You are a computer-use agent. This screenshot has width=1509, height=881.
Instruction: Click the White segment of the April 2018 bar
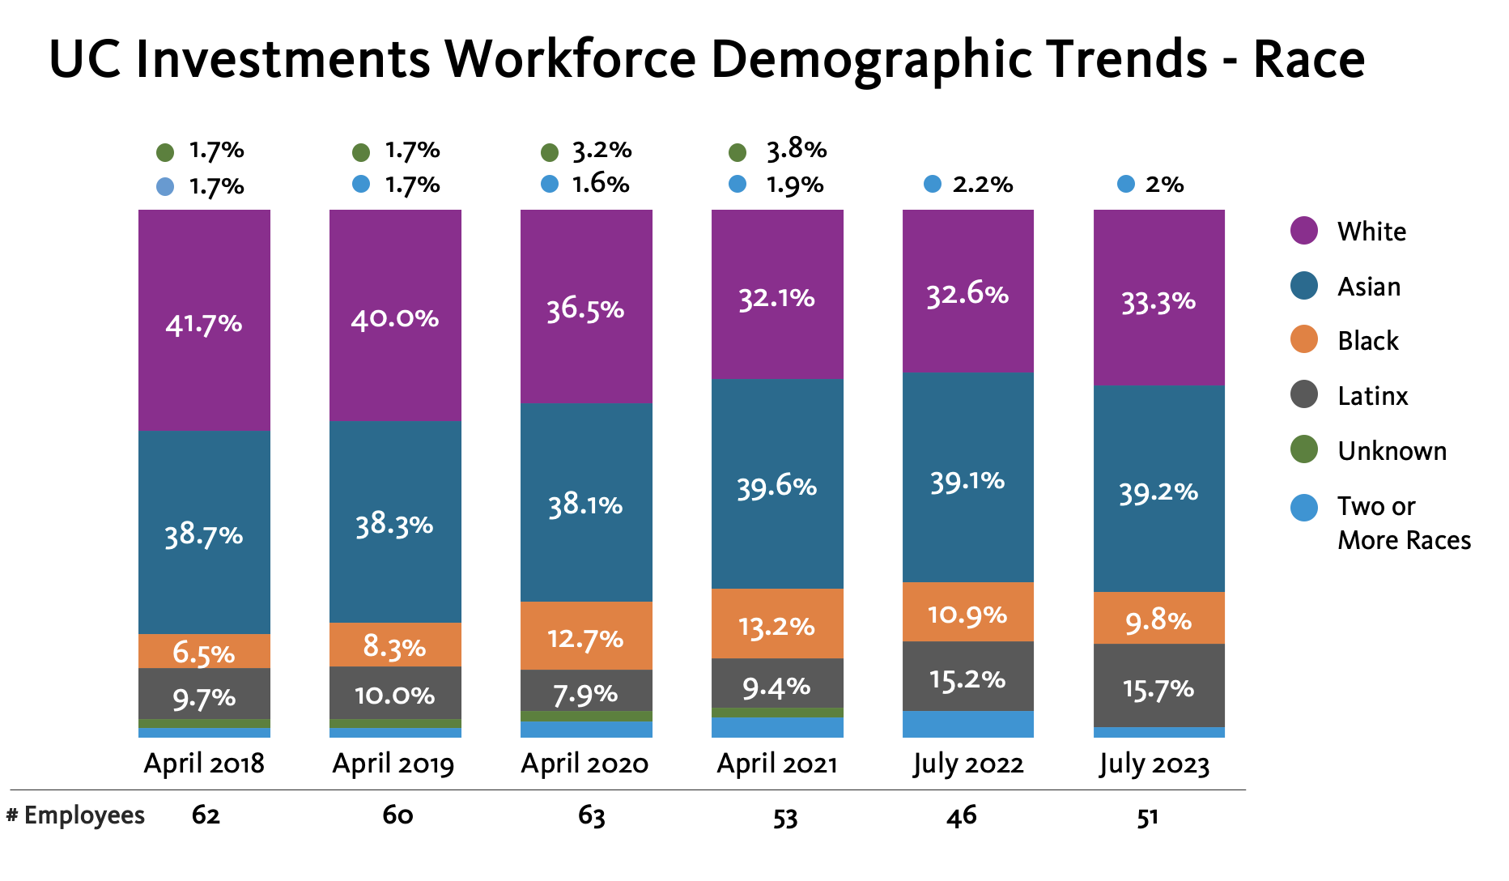204,320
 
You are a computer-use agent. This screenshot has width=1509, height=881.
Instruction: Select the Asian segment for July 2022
968,477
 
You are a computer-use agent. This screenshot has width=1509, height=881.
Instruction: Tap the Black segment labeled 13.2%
777,624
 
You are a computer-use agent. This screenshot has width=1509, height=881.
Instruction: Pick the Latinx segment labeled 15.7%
1159,685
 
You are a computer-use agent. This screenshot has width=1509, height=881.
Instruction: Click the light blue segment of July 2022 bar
968,724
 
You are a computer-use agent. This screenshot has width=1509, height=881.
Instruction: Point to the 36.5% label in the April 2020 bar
585,309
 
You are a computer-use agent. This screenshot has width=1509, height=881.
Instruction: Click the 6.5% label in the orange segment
204,653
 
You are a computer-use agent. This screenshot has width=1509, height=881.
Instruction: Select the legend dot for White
1304,231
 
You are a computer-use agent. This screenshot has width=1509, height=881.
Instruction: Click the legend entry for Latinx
1372,396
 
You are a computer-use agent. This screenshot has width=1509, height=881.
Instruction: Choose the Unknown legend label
1392,451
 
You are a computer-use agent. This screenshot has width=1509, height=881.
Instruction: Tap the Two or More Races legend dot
1304,508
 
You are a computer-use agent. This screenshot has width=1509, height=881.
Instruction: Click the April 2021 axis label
777,764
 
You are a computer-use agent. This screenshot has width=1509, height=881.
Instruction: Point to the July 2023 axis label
1154,764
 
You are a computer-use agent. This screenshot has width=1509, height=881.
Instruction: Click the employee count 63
592,815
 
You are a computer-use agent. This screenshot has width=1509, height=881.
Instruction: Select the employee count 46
962,815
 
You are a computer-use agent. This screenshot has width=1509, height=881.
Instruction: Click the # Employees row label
76,815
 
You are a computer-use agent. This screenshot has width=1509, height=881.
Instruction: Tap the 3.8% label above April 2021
797,149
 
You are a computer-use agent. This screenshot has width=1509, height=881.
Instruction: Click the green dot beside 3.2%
550,152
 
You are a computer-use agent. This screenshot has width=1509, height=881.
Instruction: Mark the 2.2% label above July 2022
983,185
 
